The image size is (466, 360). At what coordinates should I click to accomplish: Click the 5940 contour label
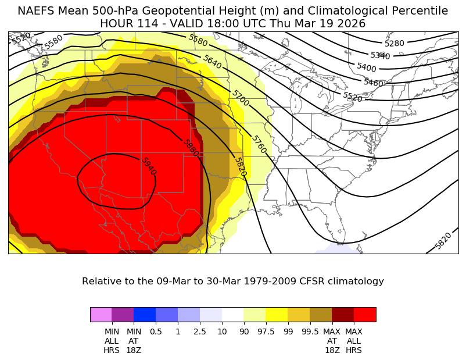[149, 167]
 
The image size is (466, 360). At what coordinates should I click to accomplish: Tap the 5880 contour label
[191, 148]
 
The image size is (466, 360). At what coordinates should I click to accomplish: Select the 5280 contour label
[395, 44]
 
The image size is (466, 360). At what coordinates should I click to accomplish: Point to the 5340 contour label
[380, 56]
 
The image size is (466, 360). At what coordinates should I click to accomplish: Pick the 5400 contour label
[367, 67]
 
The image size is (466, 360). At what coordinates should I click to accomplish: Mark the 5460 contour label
[373, 83]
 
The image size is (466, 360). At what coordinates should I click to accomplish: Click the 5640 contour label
[212, 62]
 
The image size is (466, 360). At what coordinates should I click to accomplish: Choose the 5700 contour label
[240, 98]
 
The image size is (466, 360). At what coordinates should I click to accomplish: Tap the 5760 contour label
[259, 144]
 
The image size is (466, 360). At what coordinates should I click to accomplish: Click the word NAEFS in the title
[35, 11]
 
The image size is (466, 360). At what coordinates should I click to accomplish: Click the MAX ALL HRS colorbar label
[354, 340]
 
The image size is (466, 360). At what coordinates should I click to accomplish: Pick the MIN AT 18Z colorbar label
[134, 340]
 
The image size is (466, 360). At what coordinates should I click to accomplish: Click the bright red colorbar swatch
[365, 315]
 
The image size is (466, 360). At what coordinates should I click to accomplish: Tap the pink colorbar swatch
[101, 315]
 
